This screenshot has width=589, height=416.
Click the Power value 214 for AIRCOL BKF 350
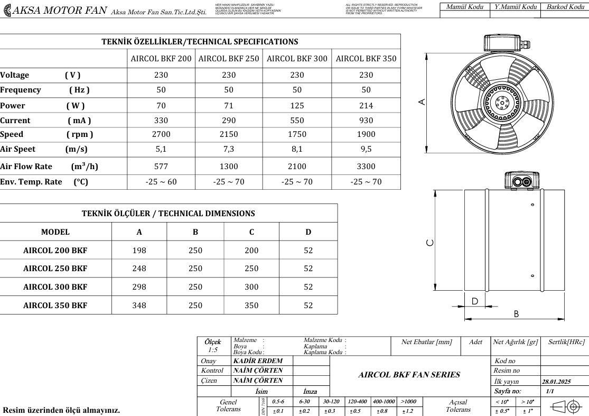coord(366,105)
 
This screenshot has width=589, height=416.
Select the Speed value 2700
coord(161,134)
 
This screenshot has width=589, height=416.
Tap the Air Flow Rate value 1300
coord(229,167)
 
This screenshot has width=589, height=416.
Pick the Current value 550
coord(297,121)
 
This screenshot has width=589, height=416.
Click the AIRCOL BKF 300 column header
coord(297,59)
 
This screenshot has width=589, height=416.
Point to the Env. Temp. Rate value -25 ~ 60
coord(161,182)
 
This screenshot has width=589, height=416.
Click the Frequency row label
coord(21,90)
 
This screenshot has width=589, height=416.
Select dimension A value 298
coord(139,287)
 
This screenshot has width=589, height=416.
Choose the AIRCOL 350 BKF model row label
coord(55,306)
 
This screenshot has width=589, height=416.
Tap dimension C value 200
coord(251,250)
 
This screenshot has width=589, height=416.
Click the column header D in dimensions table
coord(308,232)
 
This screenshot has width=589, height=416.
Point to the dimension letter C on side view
coord(430,242)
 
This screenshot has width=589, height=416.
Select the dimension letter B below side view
coord(516,314)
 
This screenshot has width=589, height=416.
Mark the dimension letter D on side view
coord(474,301)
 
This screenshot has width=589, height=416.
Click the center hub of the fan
coord(497,102)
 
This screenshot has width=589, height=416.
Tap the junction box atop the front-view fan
coord(502,42)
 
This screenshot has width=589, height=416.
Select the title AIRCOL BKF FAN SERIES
coord(409,375)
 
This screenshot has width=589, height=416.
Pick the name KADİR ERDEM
coord(258,361)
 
